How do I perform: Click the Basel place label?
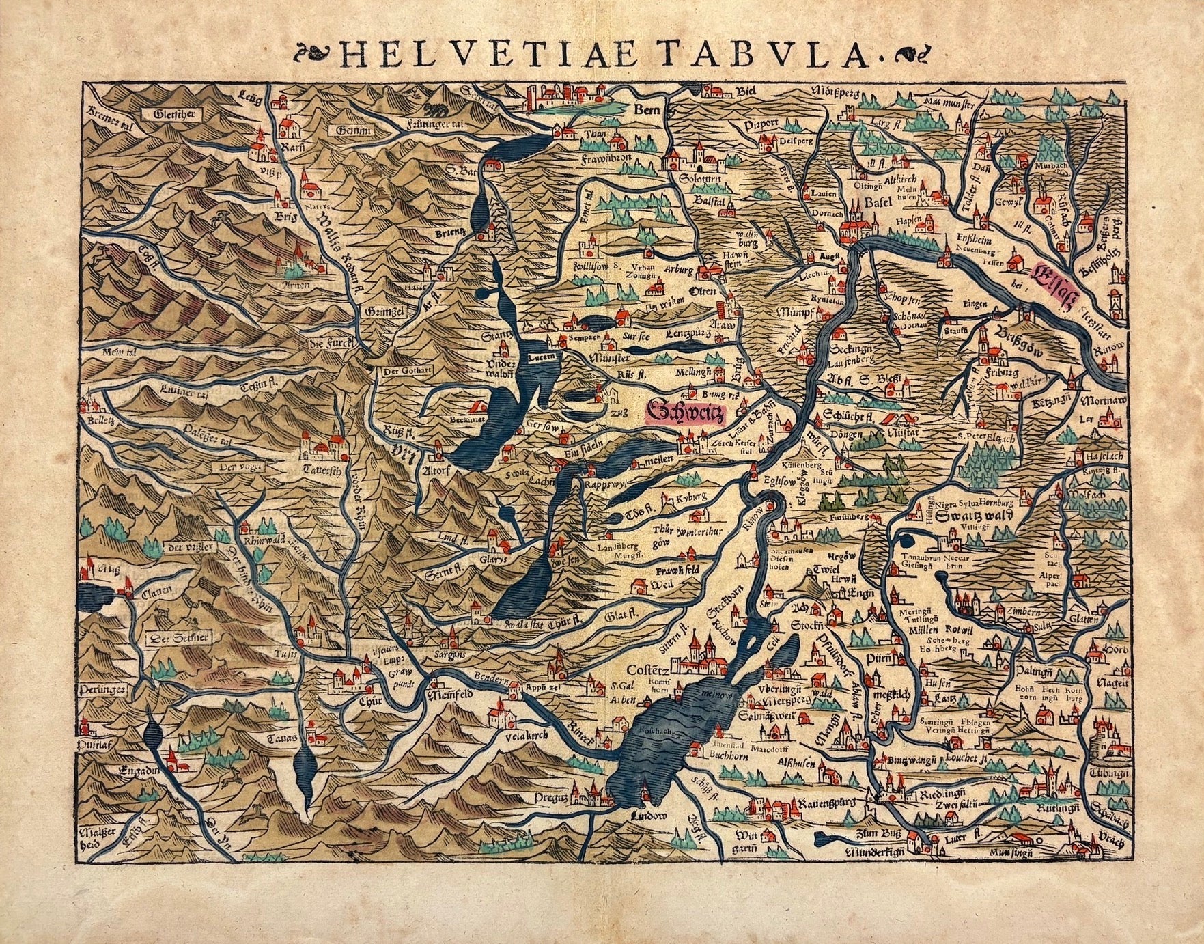[x=878, y=203]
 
